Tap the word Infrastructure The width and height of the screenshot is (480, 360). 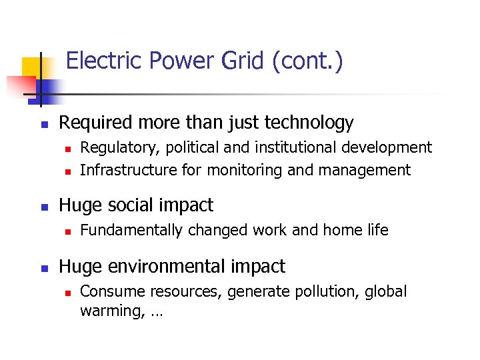pyautogui.click(x=129, y=170)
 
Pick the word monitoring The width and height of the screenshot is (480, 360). pyautogui.click(x=245, y=171)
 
